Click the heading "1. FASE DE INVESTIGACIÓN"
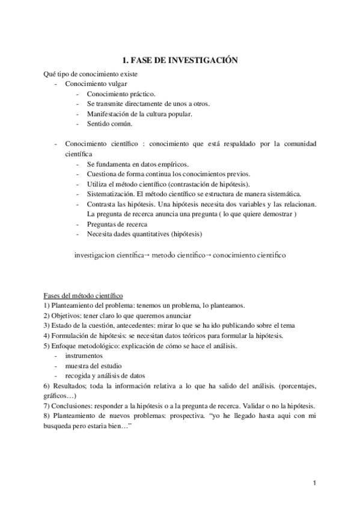coord(180,60)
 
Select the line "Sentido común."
coord(109,124)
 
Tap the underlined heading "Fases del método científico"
coord(84,296)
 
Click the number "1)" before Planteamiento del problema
coord(46,306)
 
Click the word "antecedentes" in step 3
coord(120,325)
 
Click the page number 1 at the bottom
coord(314,483)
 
